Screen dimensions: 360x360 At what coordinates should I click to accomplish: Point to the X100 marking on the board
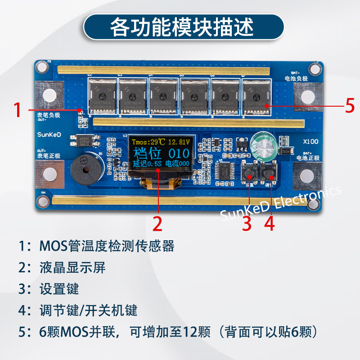(x=311, y=141)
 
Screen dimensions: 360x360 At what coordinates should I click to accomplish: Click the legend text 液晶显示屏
(x=72, y=267)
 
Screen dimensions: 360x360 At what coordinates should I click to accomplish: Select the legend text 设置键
(x=59, y=288)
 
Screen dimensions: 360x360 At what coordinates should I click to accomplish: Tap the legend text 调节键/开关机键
(x=88, y=310)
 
